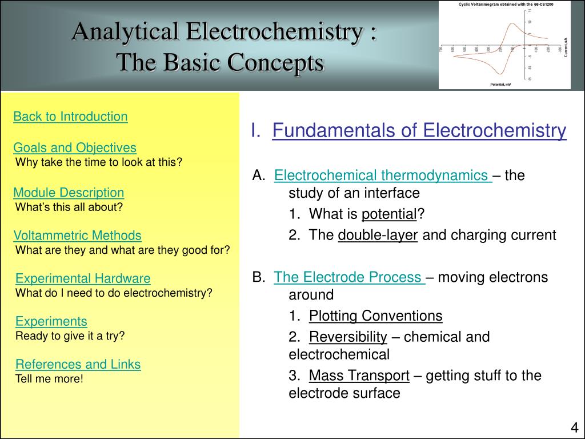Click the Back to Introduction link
tap(70, 117)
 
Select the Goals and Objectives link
tap(75, 148)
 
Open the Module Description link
tap(69, 192)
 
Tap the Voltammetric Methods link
tap(77, 236)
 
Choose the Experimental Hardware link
tap(83, 279)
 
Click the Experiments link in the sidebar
tap(51, 321)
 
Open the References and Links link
tap(78, 365)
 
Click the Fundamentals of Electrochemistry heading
tap(419, 131)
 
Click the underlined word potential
tap(389, 214)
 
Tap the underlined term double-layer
tap(378, 236)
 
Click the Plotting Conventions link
tap(375, 316)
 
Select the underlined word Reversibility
tap(348, 337)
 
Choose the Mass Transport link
tap(359, 376)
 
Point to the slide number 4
tap(574, 428)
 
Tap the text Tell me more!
tap(50, 378)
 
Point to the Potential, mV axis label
tap(500, 85)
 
